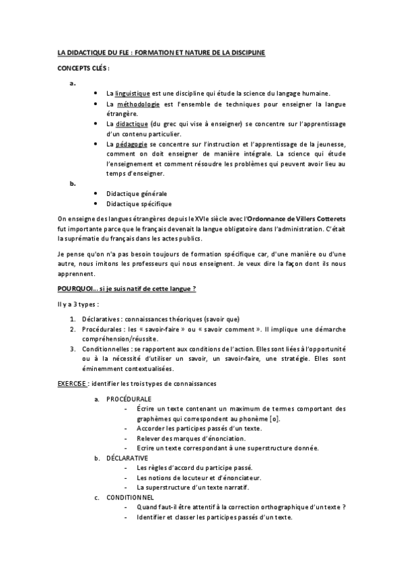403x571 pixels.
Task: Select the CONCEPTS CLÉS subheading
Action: pos(81,69)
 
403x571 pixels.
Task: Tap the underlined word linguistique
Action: pos(132,92)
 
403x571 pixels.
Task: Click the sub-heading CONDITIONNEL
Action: pos(131,498)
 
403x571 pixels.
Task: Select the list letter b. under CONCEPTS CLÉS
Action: pos(73,182)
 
